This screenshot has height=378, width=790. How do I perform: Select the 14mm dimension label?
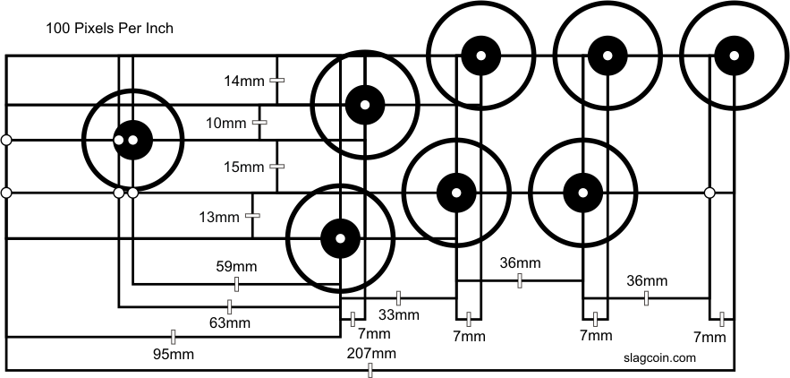coord(244,82)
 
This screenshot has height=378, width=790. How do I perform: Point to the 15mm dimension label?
coord(244,167)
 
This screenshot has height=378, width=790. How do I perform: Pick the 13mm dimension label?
coord(220,217)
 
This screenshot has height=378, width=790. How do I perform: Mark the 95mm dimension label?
coord(174,355)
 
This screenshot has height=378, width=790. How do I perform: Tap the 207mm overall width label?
coord(371,353)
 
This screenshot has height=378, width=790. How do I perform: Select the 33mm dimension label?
coord(400,314)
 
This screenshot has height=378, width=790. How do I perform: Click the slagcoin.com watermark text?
coord(658,357)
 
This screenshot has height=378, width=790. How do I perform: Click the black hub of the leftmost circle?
coord(132,140)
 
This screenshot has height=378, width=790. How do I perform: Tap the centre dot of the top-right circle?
coord(733,54)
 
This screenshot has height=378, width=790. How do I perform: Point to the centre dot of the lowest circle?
coord(340,237)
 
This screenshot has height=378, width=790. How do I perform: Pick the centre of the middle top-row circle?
coord(606,55)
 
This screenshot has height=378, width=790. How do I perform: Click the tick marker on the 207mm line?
coord(371,371)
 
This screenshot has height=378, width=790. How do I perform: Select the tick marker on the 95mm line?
coord(173,337)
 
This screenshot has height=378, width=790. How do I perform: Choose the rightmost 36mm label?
coord(646,280)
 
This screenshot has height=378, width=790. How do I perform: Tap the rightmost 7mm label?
coord(709,337)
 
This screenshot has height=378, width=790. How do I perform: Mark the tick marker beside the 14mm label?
coord(276,81)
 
